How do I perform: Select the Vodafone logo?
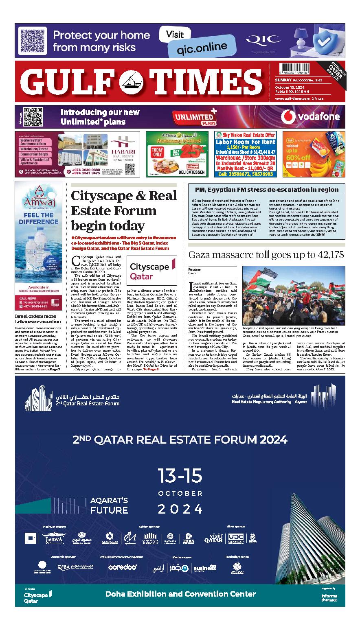[x=311, y=117]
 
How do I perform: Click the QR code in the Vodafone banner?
[x=33, y=117]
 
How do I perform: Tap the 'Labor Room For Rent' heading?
[x=245, y=142]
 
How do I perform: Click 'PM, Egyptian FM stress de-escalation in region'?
[x=266, y=189]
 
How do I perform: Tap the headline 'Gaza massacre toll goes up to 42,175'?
[x=266, y=255]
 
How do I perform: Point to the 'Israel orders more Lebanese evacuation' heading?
[x=38, y=319]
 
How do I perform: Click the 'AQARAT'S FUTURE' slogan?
[x=109, y=505]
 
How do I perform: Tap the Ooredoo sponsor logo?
[x=123, y=567]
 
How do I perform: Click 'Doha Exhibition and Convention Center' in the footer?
[x=180, y=594]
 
